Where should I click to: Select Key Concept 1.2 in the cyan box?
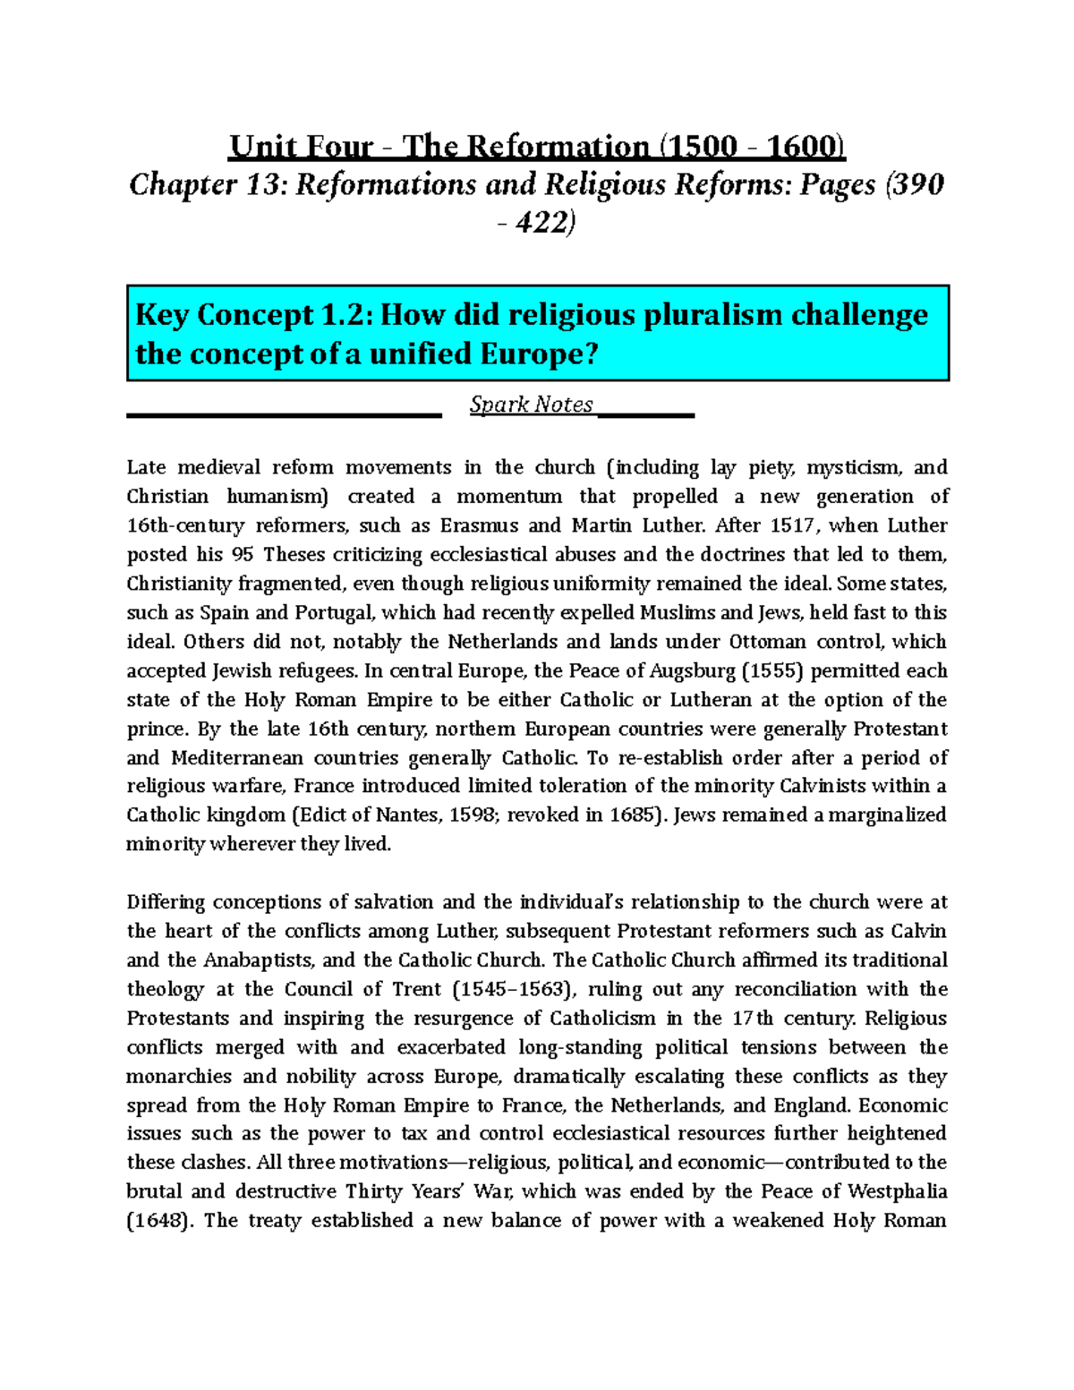click(251, 315)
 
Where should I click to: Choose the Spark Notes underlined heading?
click(532, 405)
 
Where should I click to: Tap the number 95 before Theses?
click(243, 555)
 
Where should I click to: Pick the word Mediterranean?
click(237, 758)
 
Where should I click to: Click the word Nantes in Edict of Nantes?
click(410, 815)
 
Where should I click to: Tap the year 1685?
click(634, 815)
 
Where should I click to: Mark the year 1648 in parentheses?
click(160, 1221)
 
